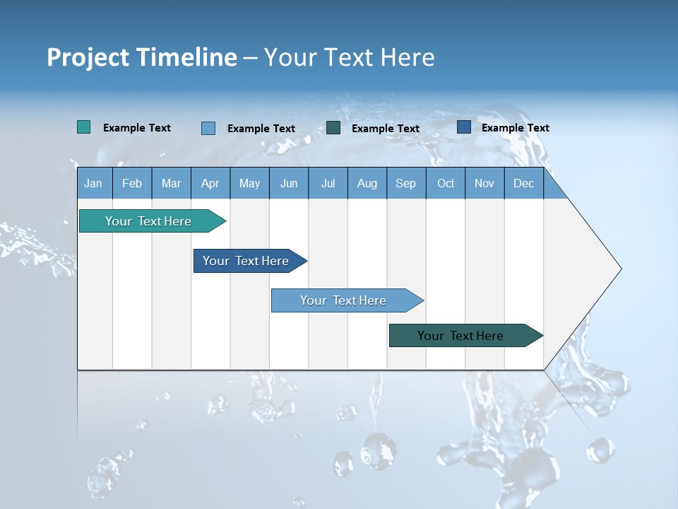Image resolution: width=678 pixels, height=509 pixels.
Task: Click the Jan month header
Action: click(93, 183)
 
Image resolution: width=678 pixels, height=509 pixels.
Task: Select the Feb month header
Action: click(132, 183)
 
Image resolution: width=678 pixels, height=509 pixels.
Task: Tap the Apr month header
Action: click(210, 183)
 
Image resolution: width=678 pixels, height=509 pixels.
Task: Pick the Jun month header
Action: click(289, 183)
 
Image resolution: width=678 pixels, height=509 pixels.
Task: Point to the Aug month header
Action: click(367, 183)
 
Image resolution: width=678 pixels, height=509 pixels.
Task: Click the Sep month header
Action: click(405, 183)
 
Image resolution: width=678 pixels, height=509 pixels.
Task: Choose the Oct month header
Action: click(446, 183)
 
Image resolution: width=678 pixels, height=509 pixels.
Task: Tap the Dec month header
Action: click(523, 183)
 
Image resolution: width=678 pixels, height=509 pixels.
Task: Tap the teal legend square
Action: click(84, 127)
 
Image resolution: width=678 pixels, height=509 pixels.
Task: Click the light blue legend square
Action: click(208, 128)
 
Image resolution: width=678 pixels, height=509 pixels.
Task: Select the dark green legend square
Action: click(333, 128)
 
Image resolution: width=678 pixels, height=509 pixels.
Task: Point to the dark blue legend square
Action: click(464, 127)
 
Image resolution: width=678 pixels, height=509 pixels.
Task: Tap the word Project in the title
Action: click(88, 57)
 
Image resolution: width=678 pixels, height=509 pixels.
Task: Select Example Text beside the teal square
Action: click(137, 128)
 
